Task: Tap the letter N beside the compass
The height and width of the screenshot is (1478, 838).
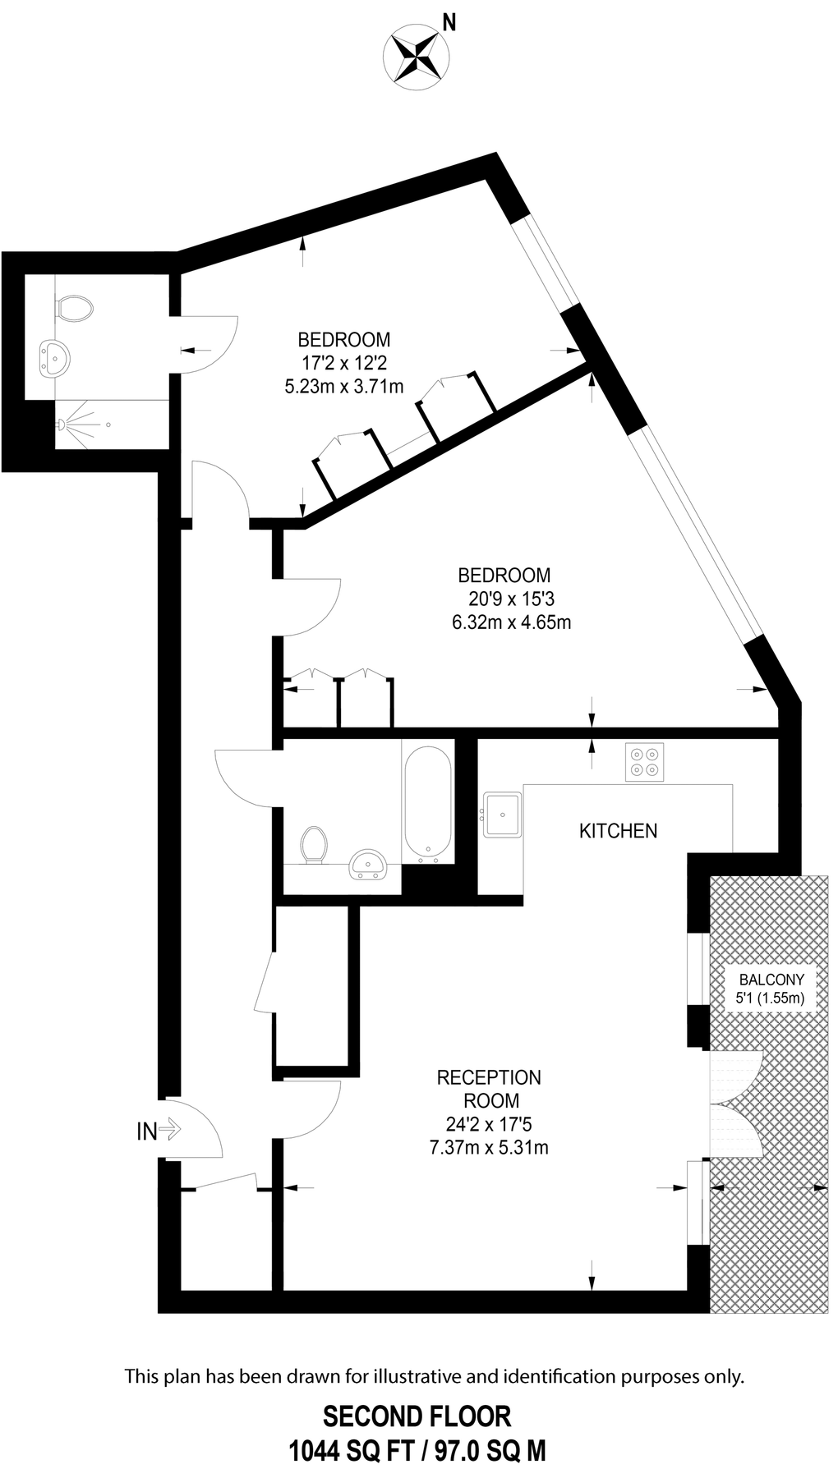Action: pyautogui.click(x=449, y=23)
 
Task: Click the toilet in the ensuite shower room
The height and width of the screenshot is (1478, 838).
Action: pyautogui.click(x=74, y=309)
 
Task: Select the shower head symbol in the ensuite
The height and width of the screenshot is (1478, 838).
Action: pyautogui.click(x=62, y=425)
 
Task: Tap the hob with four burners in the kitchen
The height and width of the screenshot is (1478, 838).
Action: pyautogui.click(x=644, y=762)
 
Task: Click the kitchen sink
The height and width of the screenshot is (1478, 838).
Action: pyautogui.click(x=501, y=814)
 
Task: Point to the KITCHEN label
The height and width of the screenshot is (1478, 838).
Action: pyautogui.click(x=618, y=831)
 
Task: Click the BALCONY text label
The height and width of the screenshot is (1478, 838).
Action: pyautogui.click(x=771, y=980)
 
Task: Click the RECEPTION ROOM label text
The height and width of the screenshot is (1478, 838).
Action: pyautogui.click(x=489, y=1088)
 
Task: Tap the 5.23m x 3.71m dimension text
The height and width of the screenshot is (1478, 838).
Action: pyautogui.click(x=344, y=386)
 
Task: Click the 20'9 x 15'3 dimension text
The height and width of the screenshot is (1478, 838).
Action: pyautogui.click(x=511, y=599)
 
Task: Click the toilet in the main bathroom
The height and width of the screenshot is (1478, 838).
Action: pyautogui.click(x=314, y=845)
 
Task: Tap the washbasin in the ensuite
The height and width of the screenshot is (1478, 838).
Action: pyautogui.click(x=55, y=358)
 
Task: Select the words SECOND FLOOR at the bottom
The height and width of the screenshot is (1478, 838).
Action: pyautogui.click(x=417, y=1417)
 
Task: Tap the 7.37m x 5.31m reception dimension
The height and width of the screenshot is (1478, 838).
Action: pyautogui.click(x=489, y=1147)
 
